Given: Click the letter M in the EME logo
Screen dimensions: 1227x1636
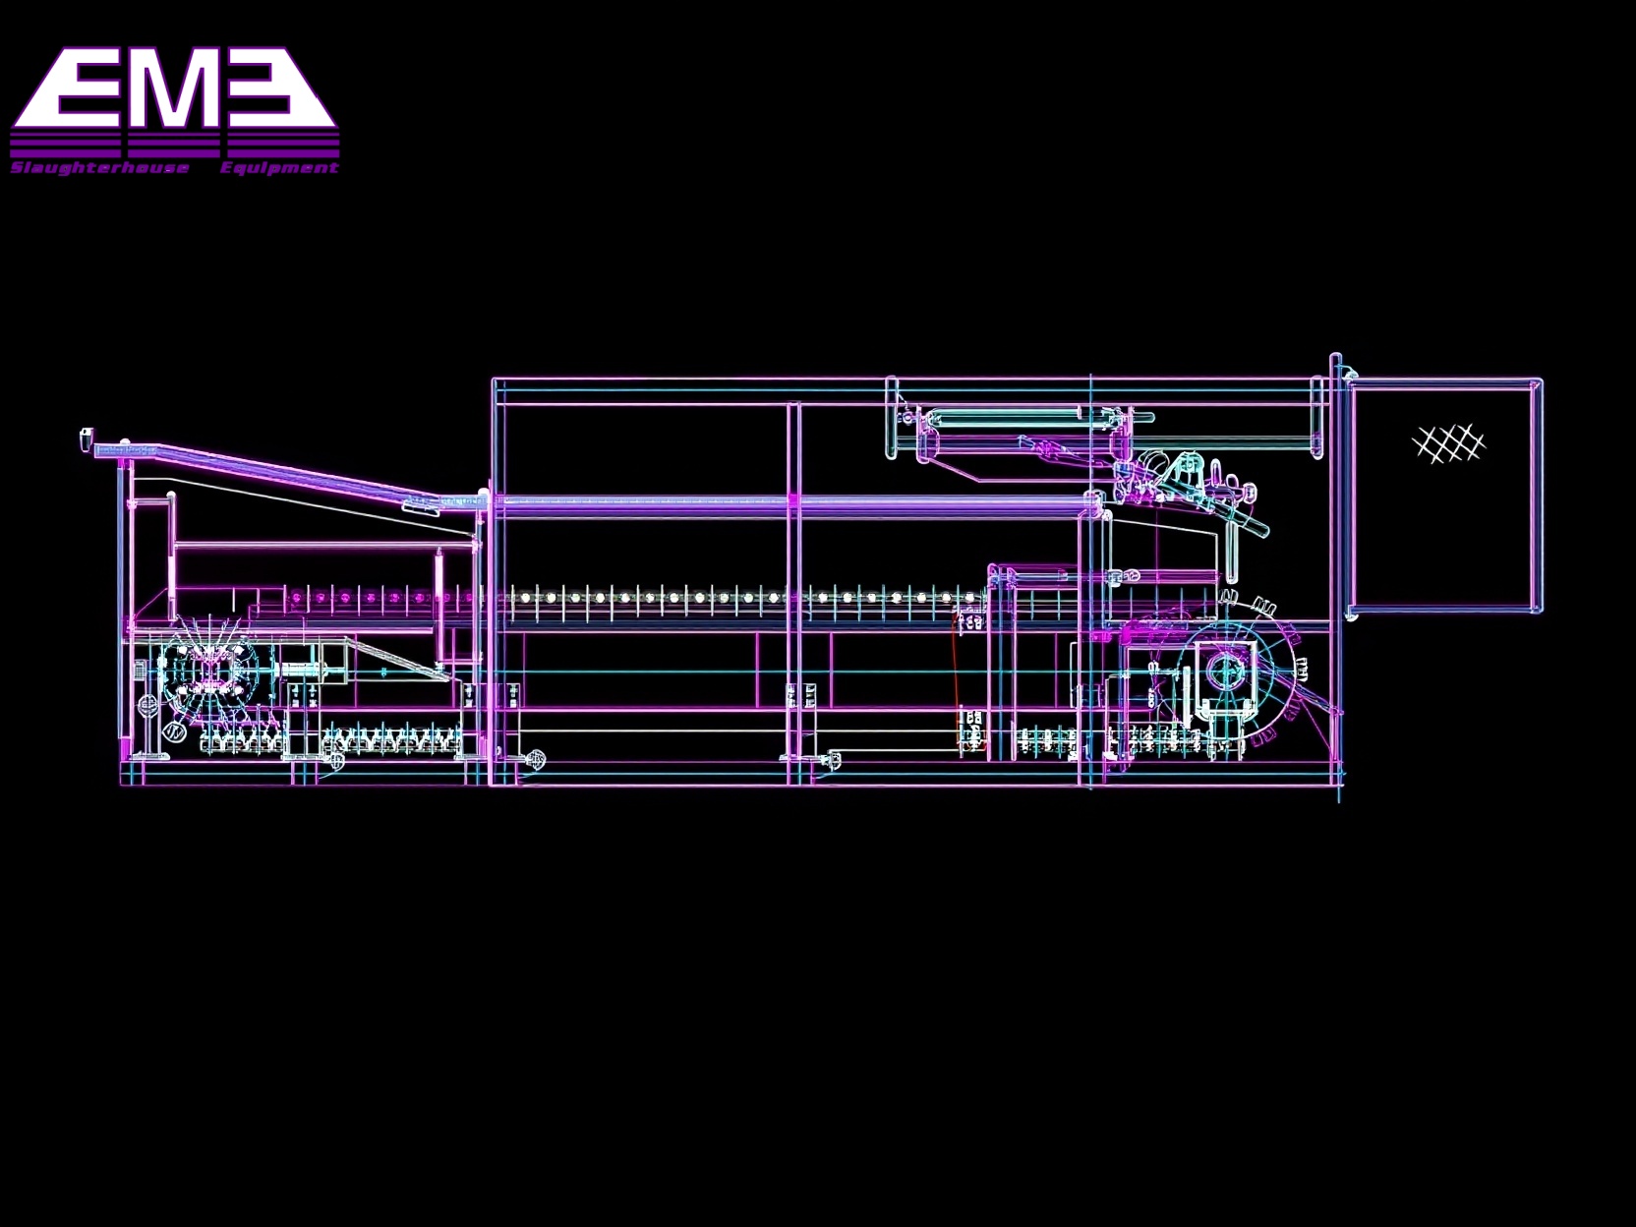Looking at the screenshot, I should coord(174,90).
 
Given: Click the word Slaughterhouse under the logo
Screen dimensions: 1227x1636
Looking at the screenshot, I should coord(99,168).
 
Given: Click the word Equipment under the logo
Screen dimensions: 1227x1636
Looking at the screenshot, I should coord(279,168).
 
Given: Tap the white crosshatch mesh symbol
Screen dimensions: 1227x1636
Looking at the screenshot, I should coord(1447,443).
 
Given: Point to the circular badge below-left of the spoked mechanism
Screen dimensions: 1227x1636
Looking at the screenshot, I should coord(173,731).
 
